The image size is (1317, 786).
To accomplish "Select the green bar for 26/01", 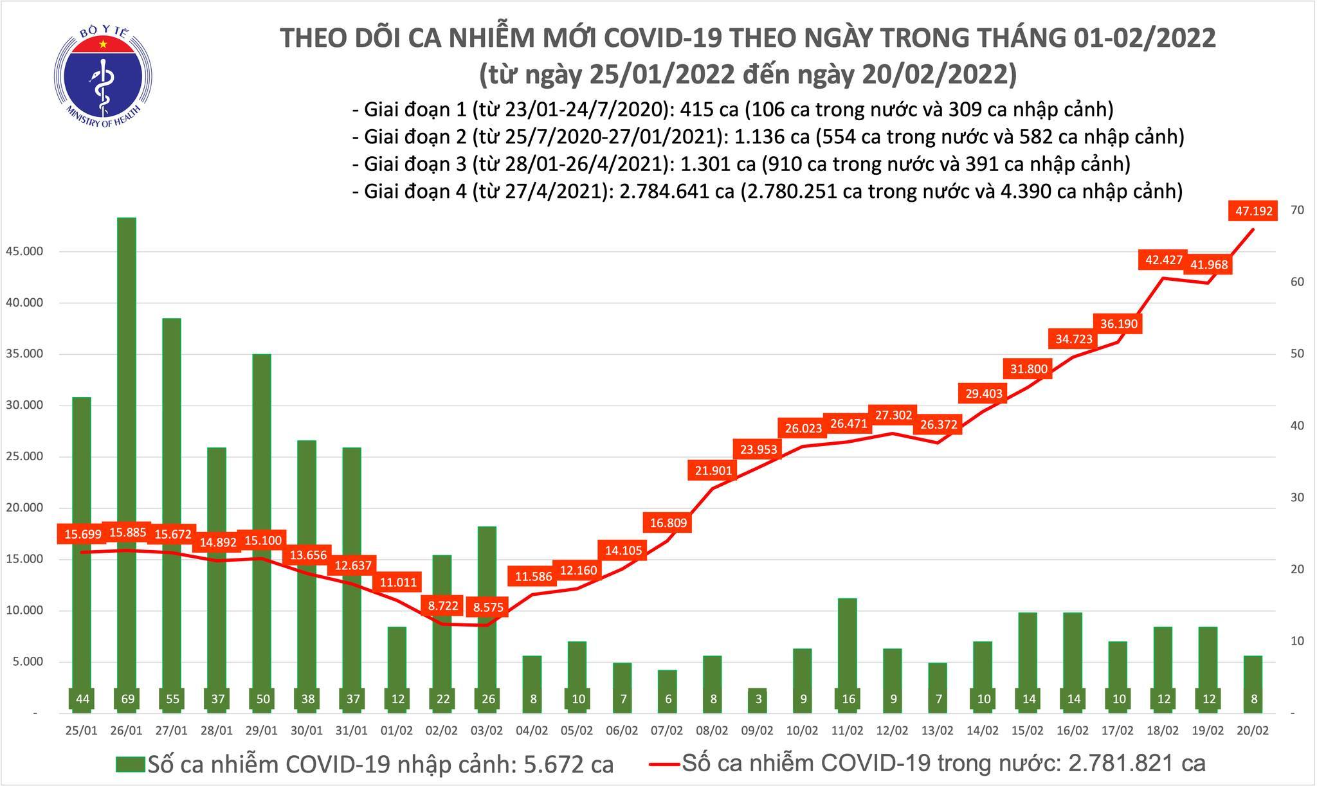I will (x=128, y=450).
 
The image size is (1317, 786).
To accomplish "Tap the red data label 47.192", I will (x=1253, y=210).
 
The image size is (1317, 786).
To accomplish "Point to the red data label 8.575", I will (x=488, y=607).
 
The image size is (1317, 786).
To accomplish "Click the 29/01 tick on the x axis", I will (x=262, y=731).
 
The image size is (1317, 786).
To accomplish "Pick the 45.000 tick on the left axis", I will (x=24, y=251).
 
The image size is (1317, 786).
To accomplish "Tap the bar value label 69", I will (x=128, y=699).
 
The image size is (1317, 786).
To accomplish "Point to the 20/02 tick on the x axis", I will (x=1253, y=731).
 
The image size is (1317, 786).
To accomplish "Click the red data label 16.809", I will (x=668, y=523).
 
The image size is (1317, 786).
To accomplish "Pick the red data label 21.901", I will (x=713, y=470).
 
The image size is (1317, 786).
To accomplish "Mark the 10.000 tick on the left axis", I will (x=24, y=611).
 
